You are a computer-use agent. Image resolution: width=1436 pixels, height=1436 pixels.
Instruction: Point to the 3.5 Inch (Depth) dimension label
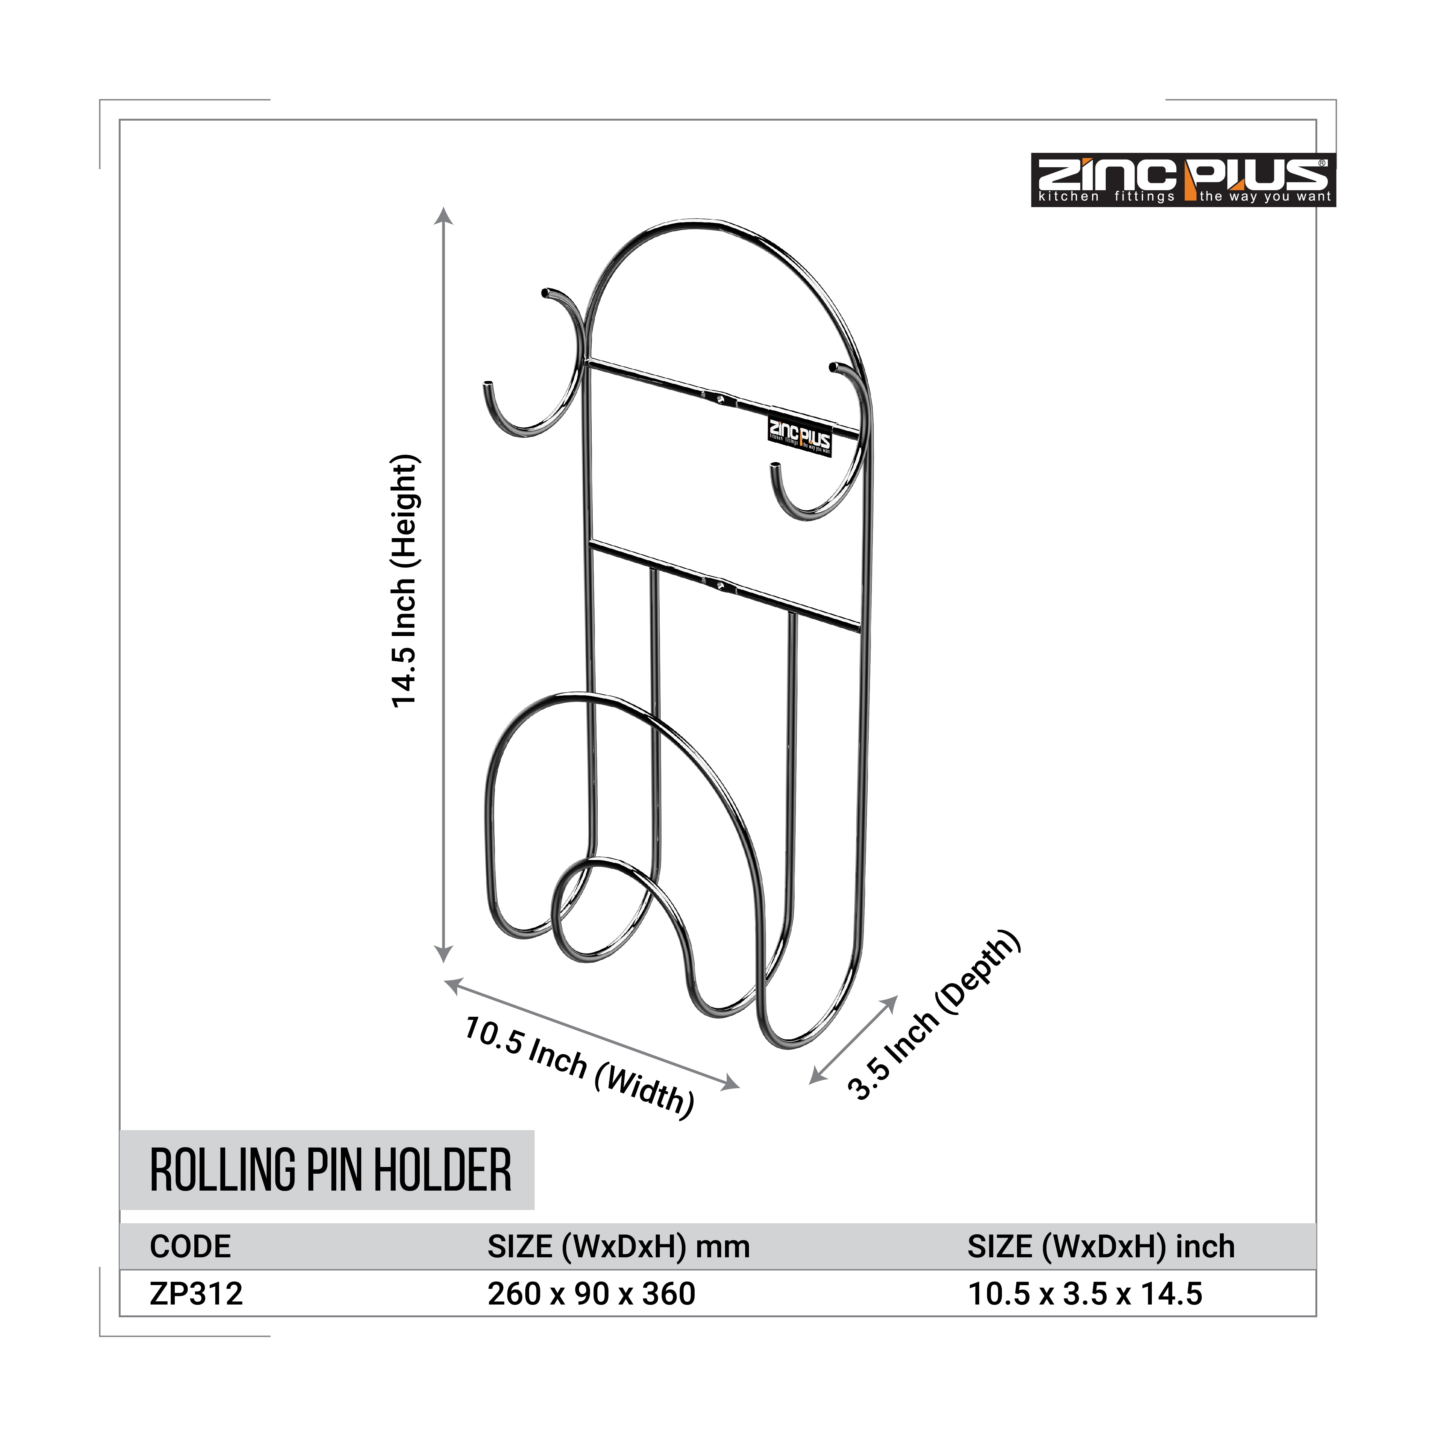tap(934, 1014)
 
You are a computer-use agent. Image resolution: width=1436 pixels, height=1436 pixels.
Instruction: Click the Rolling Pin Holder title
tap(331, 1170)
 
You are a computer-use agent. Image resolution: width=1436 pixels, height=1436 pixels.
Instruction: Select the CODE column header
tap(190, 1246)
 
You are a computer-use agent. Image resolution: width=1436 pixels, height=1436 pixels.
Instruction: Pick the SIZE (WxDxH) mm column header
tap(618, 1246)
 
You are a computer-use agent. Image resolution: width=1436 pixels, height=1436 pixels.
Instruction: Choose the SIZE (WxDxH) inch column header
tap(1101, 1246)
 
